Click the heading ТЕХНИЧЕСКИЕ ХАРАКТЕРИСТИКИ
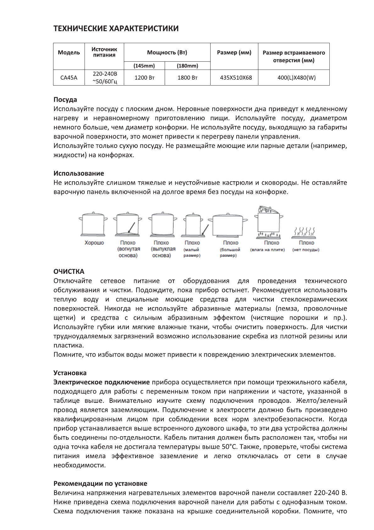coord(116,29)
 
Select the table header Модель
coord(69,53)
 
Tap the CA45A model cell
coord(69,77)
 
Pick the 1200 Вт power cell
coord(144,77)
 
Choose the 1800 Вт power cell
coord(187,77)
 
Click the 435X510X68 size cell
coord(234,77)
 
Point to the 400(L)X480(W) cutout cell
coord(294,77)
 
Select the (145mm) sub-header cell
coord(144,66)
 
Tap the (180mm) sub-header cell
coord(187,66)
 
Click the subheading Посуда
coord(65,99)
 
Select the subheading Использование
coord(79,173)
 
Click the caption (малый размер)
coord(192,252)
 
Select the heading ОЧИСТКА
coord(69,271)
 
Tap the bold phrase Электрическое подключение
coord(102,382)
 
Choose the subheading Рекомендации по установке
coord(100,483)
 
